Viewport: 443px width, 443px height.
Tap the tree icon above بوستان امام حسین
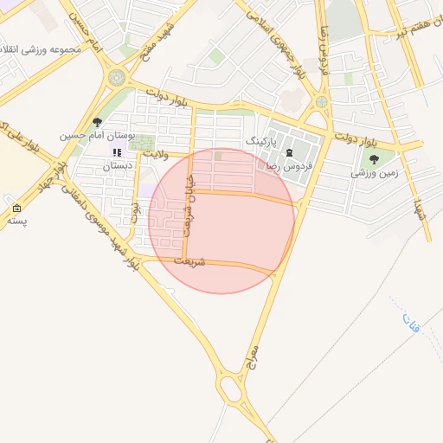point(97,123)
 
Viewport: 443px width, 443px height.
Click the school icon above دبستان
point(117,152)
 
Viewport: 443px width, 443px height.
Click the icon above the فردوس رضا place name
point(289,153)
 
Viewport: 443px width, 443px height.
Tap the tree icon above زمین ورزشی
point(374,158)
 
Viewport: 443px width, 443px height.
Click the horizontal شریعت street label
point(190,260)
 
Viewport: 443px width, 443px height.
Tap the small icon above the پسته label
point(16,209)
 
